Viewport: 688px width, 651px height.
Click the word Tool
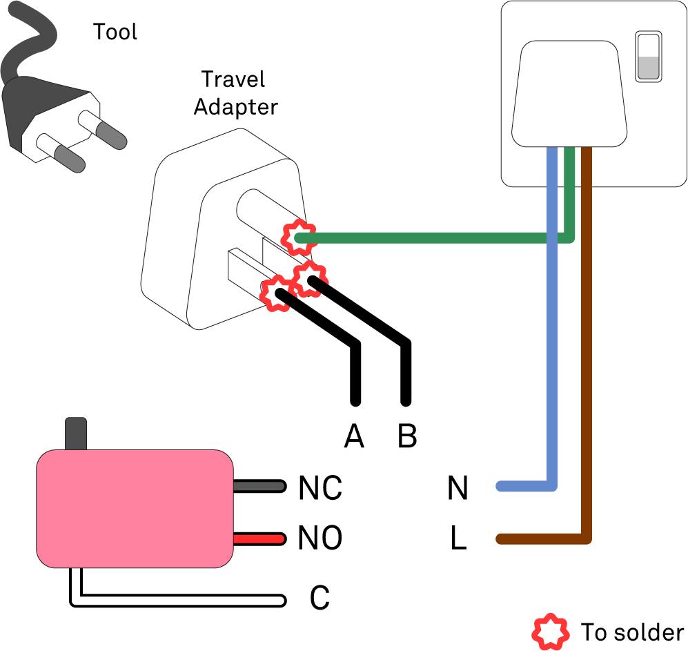tap(115, 32)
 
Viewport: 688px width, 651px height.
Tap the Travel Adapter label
tap(235, 93)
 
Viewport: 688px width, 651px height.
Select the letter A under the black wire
tap(354, 436)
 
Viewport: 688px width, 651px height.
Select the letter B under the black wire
tap(407, 436)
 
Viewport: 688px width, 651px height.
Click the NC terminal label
tap(320, 487)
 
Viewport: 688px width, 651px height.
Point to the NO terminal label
tap(320, 538)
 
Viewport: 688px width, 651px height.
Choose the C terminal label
tap(320, 597)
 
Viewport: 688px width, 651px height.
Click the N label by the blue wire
tap(458, 487)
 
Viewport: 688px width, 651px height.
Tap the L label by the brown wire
tap(458, 538)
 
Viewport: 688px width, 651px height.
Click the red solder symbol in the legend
tap(550, 631)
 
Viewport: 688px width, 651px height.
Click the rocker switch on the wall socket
tap(649, 57)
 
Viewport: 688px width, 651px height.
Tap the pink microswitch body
tap(135, 509)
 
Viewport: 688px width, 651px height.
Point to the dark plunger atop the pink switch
tap(76, 434)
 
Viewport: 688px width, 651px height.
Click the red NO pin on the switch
tap(259, 538)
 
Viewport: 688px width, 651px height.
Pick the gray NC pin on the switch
tap(259, 486)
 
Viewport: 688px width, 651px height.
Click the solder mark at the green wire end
tap(299, 237)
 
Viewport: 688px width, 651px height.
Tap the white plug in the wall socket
tap(569, 94)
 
